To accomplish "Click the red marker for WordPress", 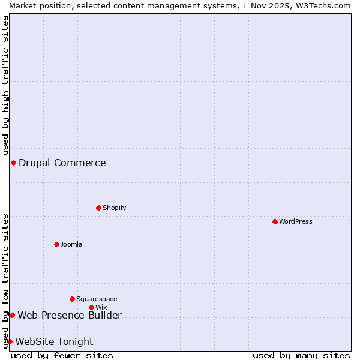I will pos(275,221).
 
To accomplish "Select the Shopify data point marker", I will pos(98,208).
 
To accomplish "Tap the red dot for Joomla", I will pos(56,244).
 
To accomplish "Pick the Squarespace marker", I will pos(72,299).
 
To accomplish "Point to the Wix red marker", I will pos(91,307).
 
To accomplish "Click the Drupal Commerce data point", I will pos(13,163).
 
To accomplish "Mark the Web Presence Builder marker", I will pos(12,315).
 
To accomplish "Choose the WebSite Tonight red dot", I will pos(10,341).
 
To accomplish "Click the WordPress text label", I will pos(296,221).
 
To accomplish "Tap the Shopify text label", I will pos(114,208).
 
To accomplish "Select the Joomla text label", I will pos(71,244).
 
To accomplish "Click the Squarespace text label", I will pos(97,299).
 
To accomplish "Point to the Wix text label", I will pos(101,307).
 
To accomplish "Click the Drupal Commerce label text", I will pos(62,163).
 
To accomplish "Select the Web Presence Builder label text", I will pos(70,316).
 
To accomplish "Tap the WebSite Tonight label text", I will pos(54,342).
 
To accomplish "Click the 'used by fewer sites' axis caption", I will pos(62,355).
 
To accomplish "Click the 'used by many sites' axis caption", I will pos(301,355).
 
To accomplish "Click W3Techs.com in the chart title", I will pos(322,5).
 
